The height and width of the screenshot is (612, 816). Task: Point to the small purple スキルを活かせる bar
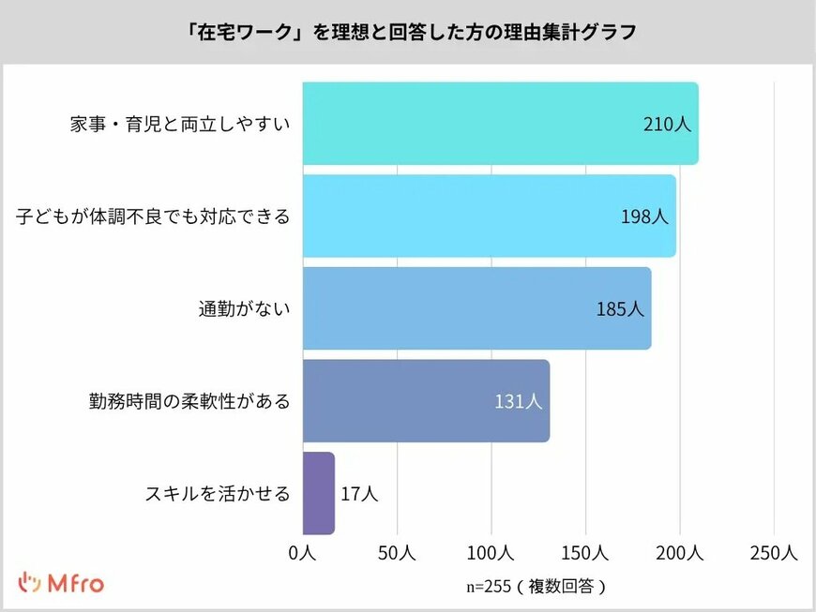318,493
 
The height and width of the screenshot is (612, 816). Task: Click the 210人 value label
667,124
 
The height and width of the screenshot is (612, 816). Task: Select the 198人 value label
644,216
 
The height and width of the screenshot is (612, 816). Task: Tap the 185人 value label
620,308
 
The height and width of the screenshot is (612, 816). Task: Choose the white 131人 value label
519,401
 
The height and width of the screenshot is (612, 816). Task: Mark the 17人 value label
359,494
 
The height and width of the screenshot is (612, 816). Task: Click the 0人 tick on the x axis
302,554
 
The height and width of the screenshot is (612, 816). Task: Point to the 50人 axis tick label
397,554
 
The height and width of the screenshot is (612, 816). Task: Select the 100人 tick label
491,554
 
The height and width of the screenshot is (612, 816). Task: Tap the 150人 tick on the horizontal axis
585,554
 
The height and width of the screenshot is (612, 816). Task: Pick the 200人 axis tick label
680,554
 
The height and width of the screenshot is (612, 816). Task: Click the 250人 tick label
774,554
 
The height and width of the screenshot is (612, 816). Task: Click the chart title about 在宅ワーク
408,32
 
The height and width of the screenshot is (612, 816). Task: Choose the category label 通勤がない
244,309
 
